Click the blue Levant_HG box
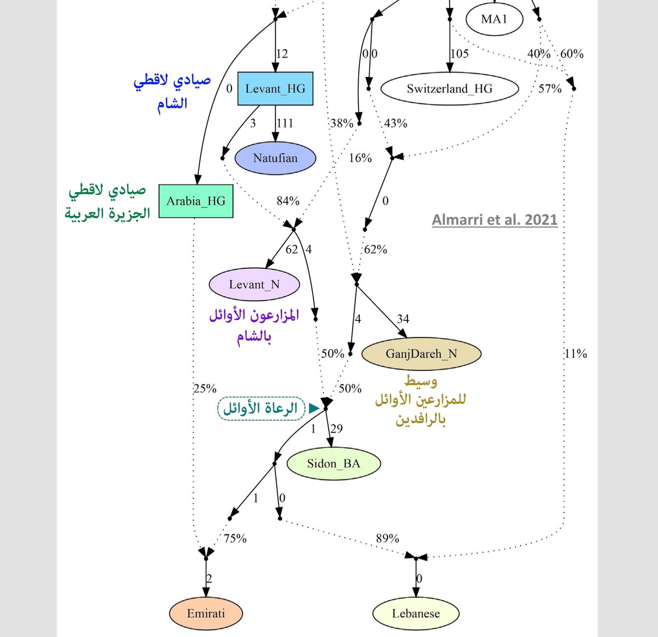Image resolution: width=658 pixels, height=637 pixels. click(x=275, y=88)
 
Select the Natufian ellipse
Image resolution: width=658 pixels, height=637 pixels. click(x=275, y=158)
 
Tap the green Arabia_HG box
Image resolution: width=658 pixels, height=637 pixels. click(x=196, y=201)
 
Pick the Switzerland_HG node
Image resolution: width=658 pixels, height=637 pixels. click(x=449, y=88)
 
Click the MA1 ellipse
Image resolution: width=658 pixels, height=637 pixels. click(x=494, y=19)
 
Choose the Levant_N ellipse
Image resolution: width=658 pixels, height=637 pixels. click(x=254, y=284)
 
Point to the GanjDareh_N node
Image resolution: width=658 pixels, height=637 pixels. click(x=421, y=353)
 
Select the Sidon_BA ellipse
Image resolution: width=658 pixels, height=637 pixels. click(x=333, y=464)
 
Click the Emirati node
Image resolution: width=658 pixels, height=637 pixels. click(x=206, y=613)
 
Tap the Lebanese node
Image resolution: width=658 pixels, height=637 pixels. click(x=416, y=613)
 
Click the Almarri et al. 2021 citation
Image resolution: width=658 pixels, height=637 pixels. click(x=495, y=220)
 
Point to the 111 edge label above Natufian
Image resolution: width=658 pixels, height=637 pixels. click(x=285, y=123)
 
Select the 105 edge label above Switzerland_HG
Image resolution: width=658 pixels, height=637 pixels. click(x=460, y=54)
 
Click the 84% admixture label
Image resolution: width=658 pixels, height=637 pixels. click(x=288, y=201)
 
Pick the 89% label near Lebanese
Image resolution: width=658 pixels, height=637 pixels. click(x=388, y=538)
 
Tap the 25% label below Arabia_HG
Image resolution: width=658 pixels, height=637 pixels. click(x=205, y=388)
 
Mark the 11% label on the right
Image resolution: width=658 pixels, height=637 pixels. click(x=575, y=354)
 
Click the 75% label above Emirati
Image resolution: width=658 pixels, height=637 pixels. click(x=235, y=538)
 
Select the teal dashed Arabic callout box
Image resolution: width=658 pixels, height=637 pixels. click(x=261, y=408)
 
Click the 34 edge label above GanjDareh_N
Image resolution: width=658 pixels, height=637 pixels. click(x=403, y=319)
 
